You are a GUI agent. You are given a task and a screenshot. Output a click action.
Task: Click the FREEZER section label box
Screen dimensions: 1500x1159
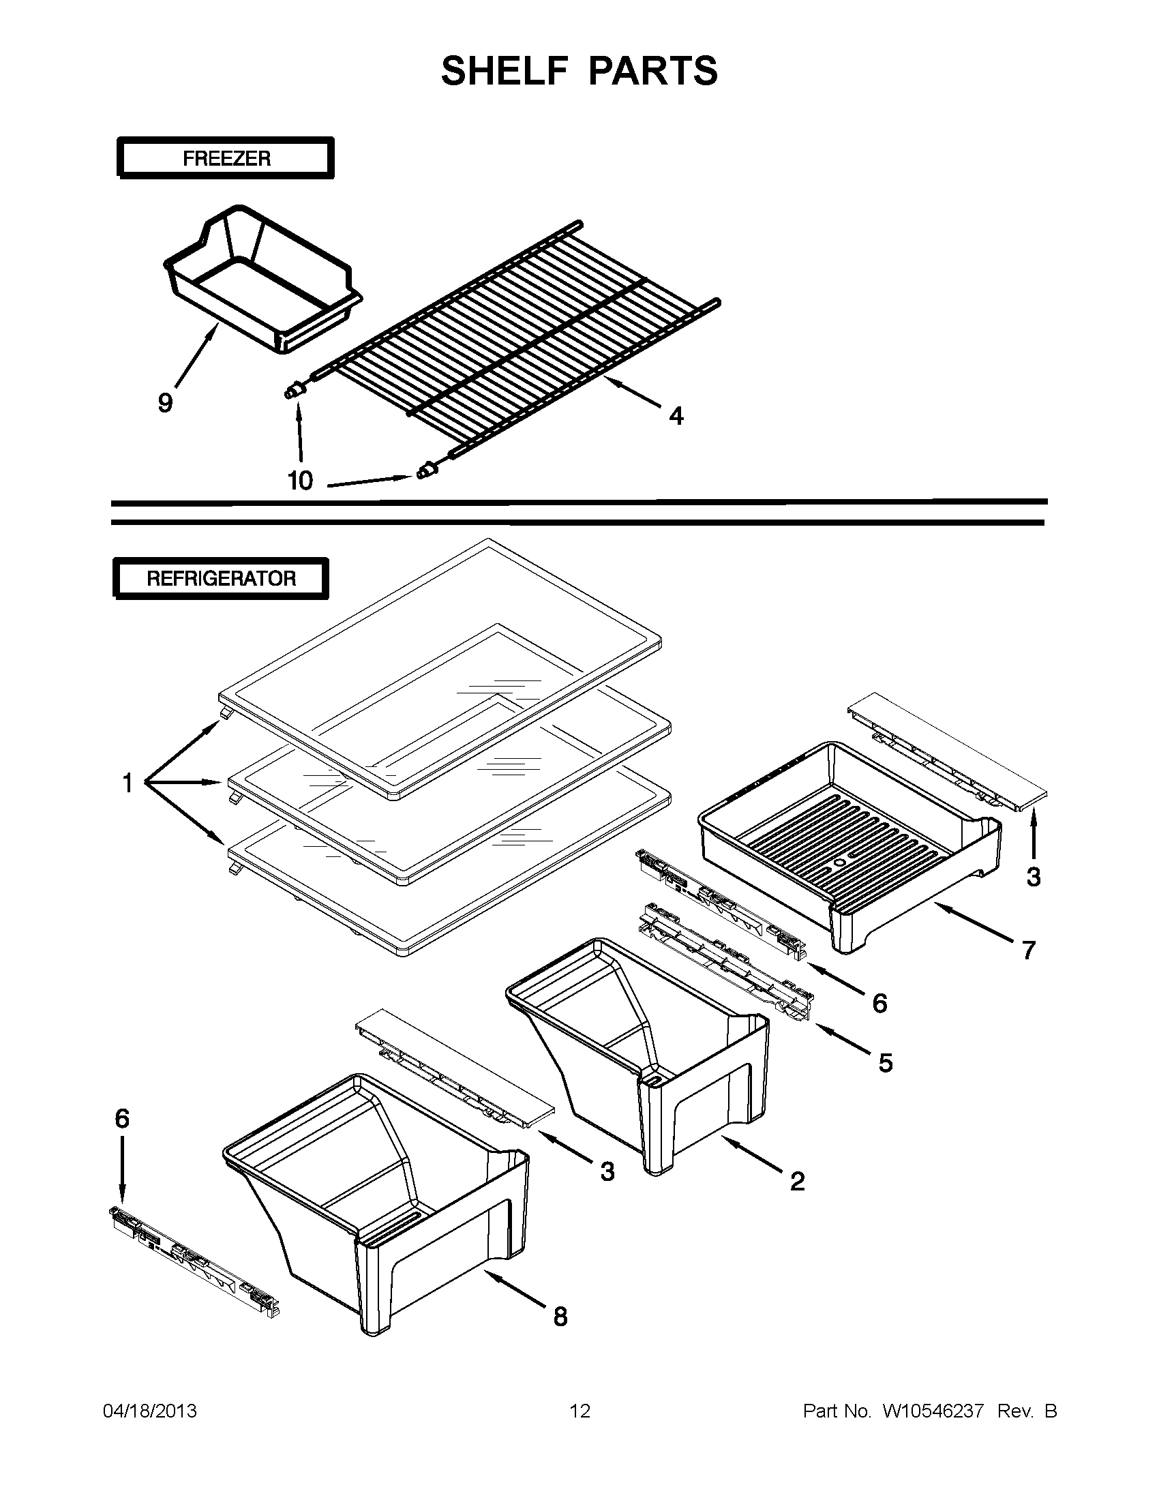(x=225, y=158)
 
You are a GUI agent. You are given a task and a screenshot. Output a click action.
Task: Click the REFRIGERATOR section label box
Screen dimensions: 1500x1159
(x=220, y=577)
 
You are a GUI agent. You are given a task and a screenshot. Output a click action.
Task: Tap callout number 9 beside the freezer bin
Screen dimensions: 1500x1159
(x=165, y=402)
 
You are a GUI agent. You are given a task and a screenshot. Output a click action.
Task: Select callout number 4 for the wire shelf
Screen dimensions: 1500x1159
(x=676, y=415)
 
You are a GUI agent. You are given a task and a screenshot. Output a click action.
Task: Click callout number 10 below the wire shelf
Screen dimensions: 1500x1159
(x=300, y=481)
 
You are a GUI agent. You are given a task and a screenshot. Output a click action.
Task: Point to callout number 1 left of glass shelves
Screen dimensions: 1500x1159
(x=127, y=782)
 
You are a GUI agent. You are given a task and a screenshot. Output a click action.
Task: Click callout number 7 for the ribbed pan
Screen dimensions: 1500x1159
(x=1028, y=950)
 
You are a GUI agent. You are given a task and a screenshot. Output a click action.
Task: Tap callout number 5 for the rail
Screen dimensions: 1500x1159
(x=885, y=1063)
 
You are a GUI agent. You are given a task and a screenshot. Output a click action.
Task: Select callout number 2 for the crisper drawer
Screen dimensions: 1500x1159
(x=796, y=1182)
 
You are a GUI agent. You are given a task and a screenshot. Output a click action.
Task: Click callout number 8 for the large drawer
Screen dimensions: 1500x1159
(x=560, y=1317)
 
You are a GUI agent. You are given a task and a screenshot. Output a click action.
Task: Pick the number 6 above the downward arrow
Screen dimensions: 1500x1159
(x=121, y=1119)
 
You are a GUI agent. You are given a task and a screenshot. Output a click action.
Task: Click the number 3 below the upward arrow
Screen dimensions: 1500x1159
(x=1034, y=877)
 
